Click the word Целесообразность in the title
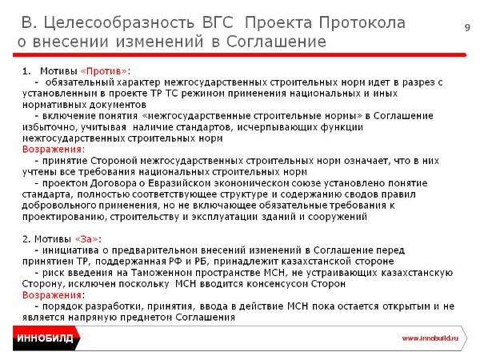(118, 22)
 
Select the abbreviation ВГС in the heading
(218, 22)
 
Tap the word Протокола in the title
(362, 22)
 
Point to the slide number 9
(467, 27)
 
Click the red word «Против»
(104, 71)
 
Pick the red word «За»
(86, 239)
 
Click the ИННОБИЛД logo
(45, 338)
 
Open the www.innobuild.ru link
(430, 338)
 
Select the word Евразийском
(179, 183)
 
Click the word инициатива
(70, 250)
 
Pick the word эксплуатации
(225, 217)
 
